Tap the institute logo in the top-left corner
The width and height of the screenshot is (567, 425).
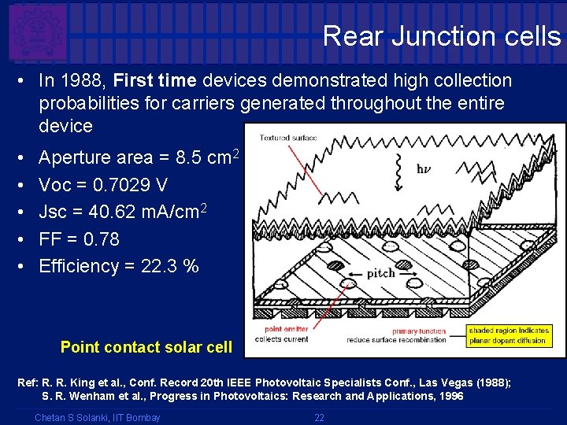37,32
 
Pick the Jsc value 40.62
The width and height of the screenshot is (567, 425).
123,212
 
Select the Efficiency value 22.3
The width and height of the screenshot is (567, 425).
158,266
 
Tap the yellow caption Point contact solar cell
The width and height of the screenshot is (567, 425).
146,347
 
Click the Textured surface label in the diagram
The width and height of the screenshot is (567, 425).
288,138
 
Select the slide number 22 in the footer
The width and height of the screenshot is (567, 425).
319,417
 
